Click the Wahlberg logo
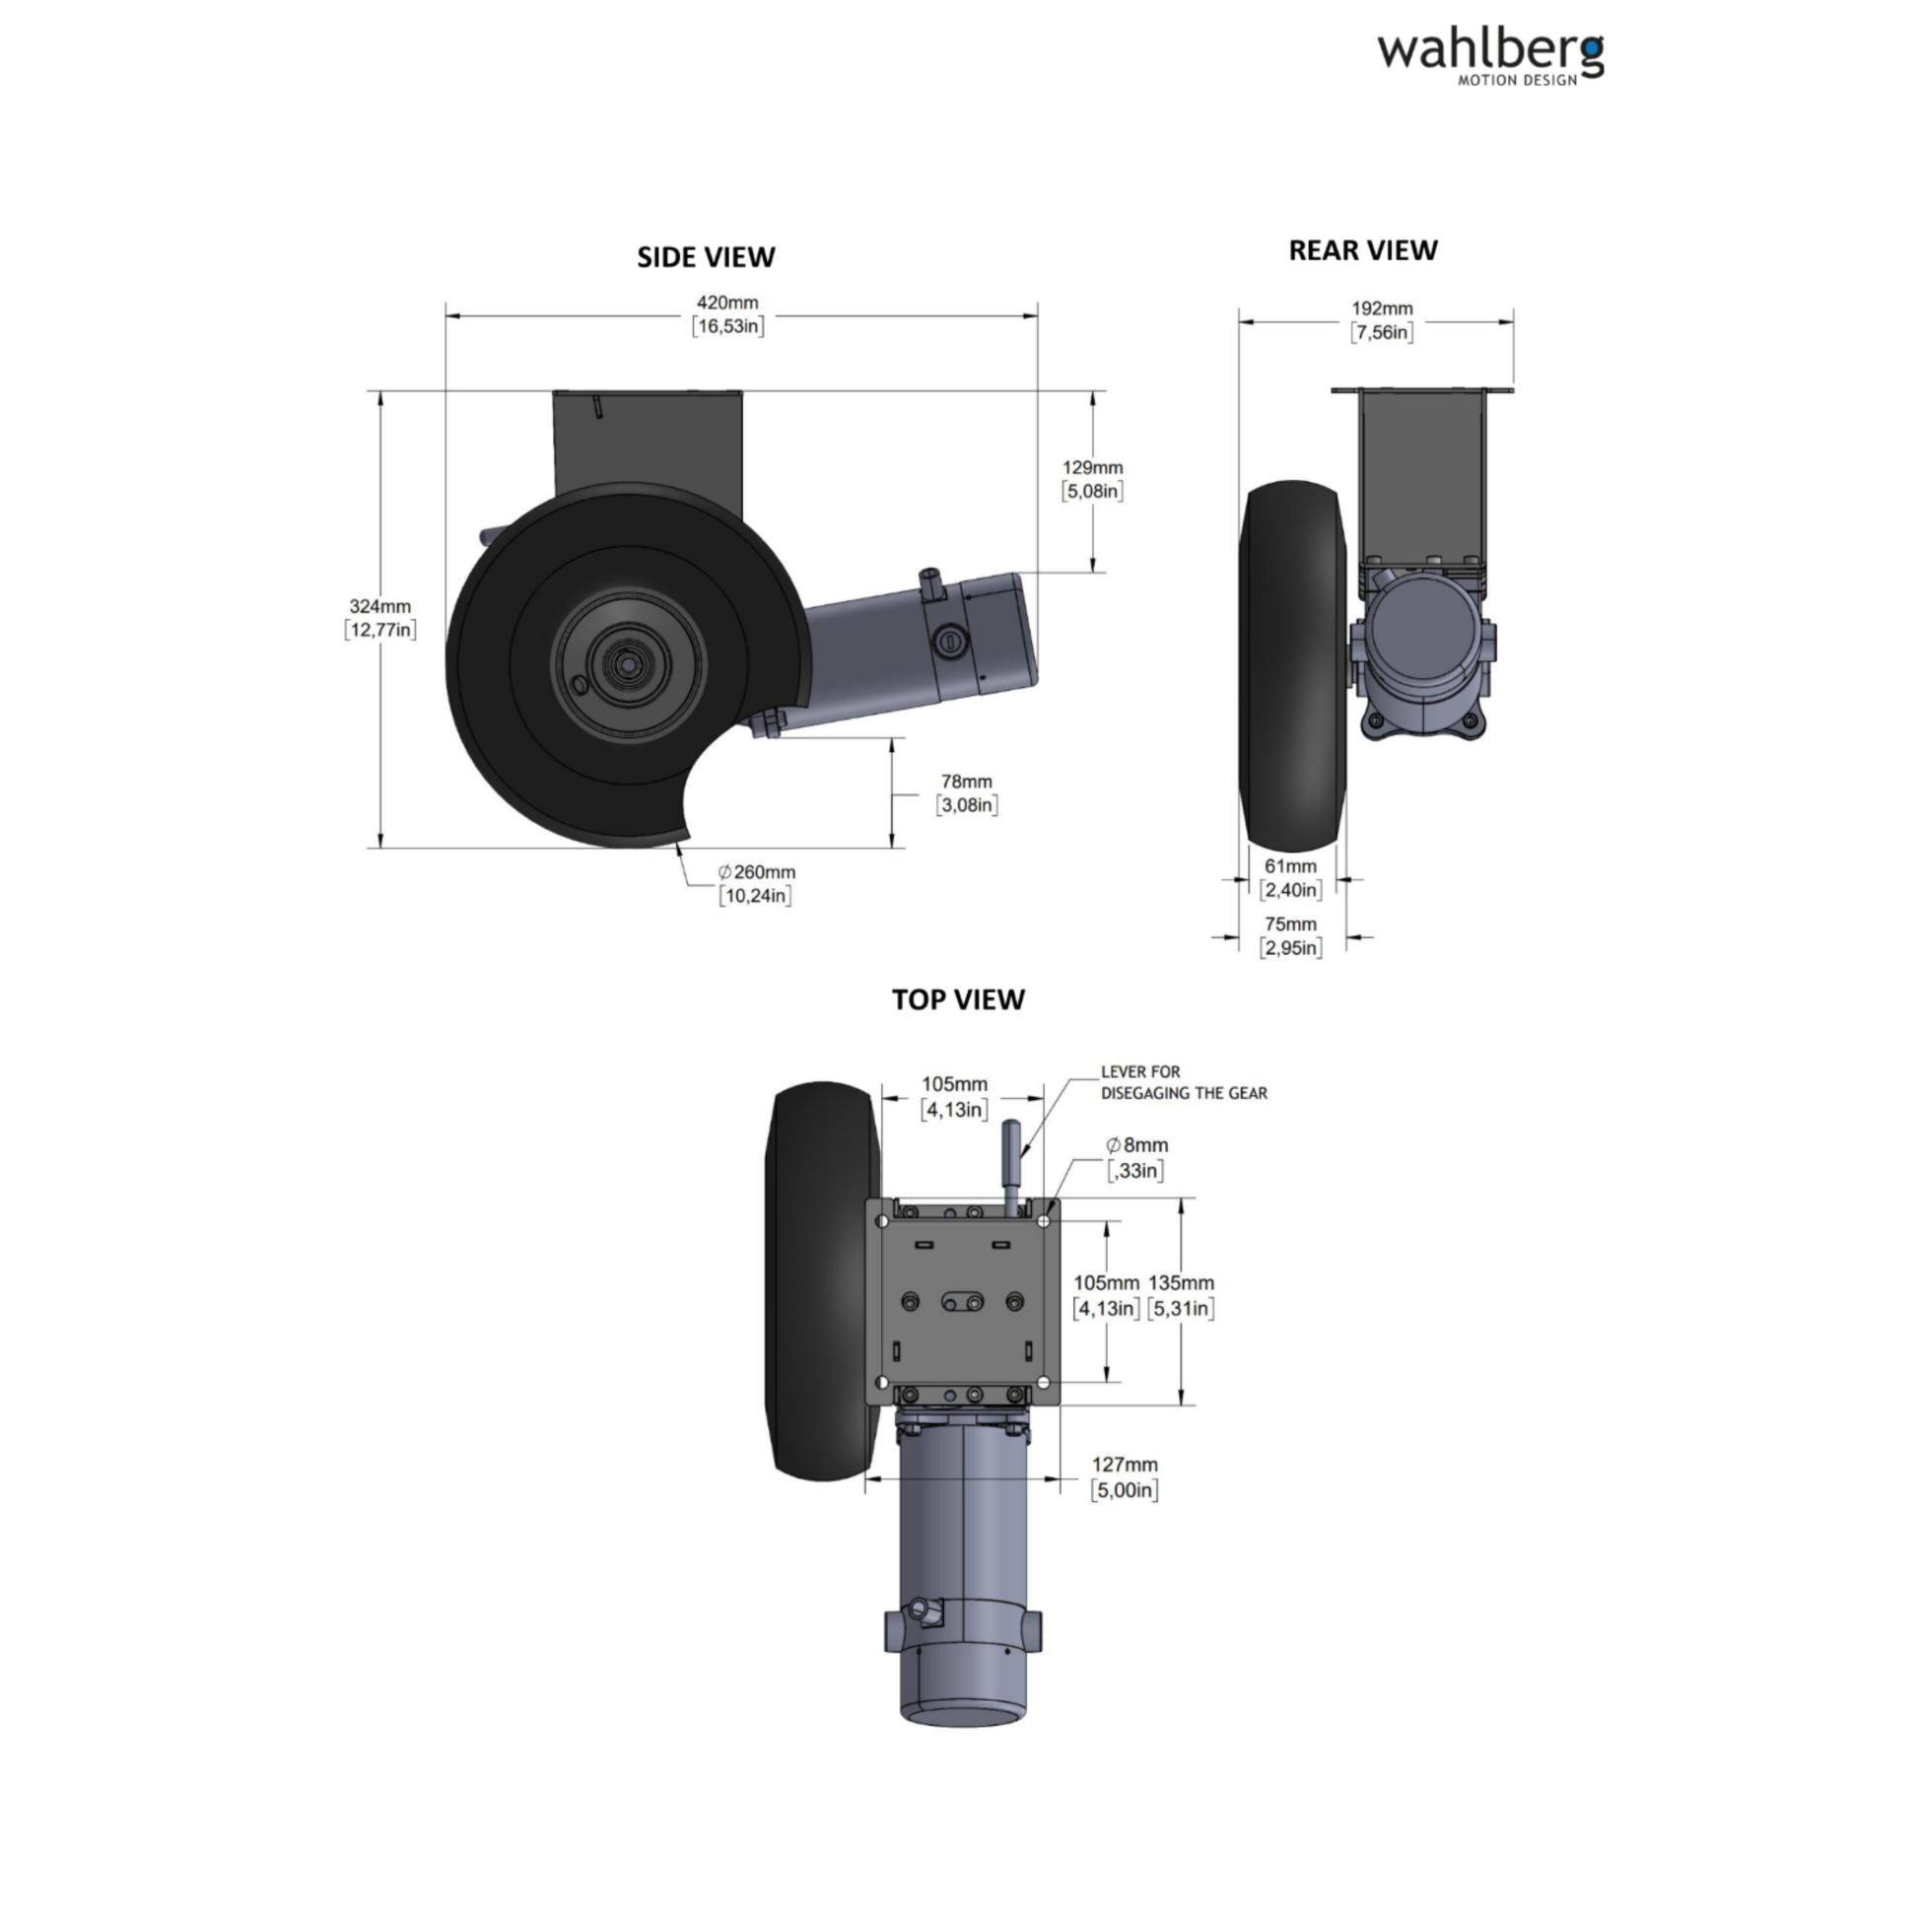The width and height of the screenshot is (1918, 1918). click(1489, 58)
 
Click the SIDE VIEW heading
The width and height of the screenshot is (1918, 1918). click(706, 257)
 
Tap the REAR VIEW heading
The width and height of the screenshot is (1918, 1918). click(1362, 250)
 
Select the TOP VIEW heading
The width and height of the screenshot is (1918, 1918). click(958, 998)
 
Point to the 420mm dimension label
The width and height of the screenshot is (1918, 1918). click(727, 313)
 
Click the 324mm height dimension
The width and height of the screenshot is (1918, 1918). click(380, 618)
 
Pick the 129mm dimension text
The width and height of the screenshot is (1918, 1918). click(1092, 478)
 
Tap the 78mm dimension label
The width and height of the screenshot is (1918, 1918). click(967, 793)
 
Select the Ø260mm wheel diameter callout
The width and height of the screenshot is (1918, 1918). click(757, 883)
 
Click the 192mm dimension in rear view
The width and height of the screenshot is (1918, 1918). click(1382, 319)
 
